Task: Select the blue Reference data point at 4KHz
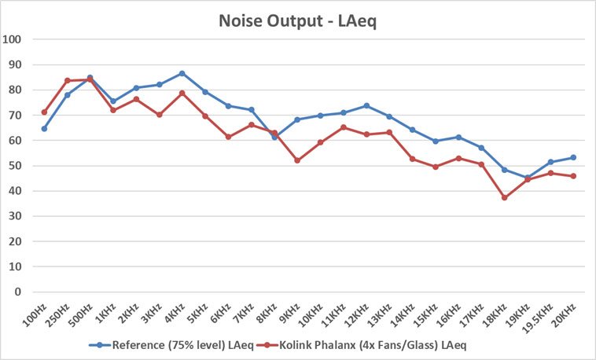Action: point(182,73)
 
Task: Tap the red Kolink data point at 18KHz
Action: point(505,197)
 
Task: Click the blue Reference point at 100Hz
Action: point(44,128)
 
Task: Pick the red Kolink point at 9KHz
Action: point(297,160)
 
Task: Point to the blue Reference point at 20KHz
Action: point(573,157)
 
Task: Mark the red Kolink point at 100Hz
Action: point(44,112)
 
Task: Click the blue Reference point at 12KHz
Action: point(366,105)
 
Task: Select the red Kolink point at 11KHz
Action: point(344,127)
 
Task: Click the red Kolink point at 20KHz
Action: point(573,176)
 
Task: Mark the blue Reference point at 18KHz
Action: point(505,170)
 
